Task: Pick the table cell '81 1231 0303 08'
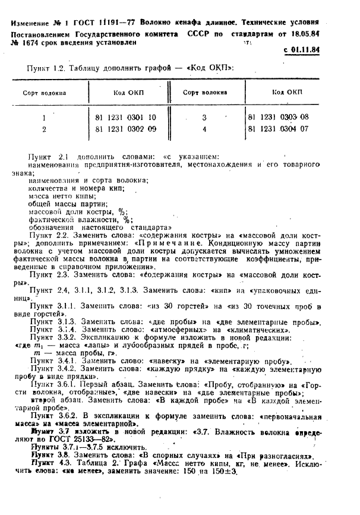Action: pyautogui.click(x=279, y=117)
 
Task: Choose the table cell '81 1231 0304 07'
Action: pyautogui.click(x=279, y=128)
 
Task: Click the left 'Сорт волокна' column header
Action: pyautogui.click(x=45, y=93)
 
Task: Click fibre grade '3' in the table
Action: pyautogui.click(x=204, y=117)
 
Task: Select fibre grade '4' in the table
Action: pyautogui.click(x=204, y=128)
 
